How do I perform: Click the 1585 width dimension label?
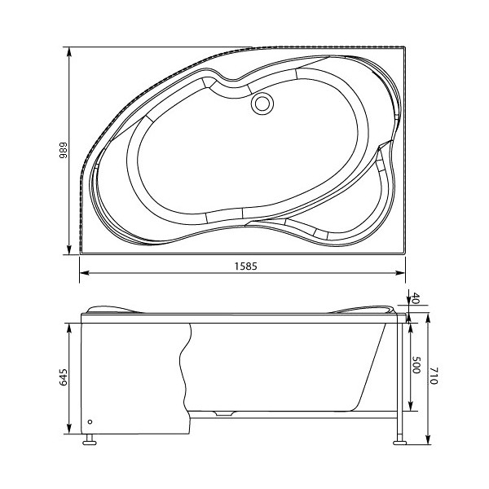click(x=242, y=265)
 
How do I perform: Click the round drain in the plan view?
click(x=262, y=104)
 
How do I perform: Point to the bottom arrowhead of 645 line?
click(x=70, y=430)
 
